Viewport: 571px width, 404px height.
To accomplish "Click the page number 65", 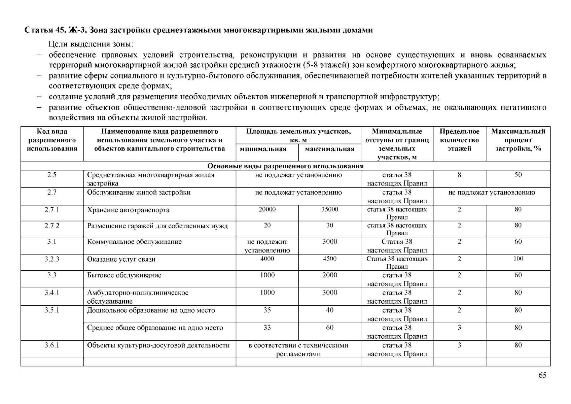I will click(542, 375).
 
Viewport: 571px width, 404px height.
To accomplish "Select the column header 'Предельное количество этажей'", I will click(459, 140).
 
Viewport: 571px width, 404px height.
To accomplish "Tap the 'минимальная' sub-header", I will click(267, 149).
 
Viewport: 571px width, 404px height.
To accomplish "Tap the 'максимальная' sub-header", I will click(329, 149).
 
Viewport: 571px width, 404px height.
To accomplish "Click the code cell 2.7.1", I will click(52, 210).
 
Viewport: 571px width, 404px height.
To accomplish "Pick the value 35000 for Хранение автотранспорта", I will click(329, 209).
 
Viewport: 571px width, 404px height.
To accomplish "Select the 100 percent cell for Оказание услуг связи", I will click(518, 259).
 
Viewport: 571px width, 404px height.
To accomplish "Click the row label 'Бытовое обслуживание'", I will click(124, 275).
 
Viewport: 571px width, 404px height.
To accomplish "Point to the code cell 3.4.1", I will click(52, 293).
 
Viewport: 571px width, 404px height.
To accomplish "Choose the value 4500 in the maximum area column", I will click(329, 259).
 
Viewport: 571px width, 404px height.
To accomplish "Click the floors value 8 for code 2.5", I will click(459, 175).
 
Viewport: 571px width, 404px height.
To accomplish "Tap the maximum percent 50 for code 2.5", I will click(518, 175).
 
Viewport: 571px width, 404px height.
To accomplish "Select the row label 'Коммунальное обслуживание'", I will click(134, 242).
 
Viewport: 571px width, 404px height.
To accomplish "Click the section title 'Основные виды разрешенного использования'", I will click(285, 166).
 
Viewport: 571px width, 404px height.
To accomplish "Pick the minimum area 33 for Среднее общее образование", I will click(267, 328).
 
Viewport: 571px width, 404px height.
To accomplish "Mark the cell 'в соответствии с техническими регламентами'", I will click(298, 349).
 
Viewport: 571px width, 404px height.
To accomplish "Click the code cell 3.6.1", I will click(52, 345).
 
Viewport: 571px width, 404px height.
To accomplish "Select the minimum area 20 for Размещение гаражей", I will click(267, 225).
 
